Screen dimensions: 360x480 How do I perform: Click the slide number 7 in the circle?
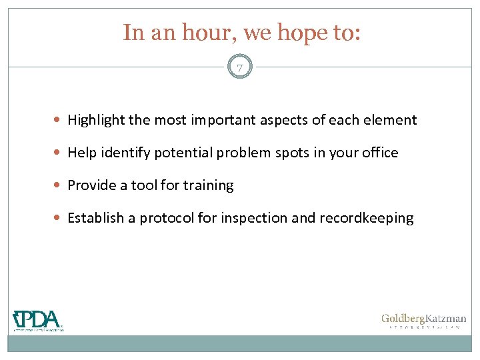pos(240,67)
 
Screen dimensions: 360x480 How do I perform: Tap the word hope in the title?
pos(293,33)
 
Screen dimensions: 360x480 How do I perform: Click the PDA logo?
pos(38,321)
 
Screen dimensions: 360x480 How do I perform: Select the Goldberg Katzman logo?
pos(423,321)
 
